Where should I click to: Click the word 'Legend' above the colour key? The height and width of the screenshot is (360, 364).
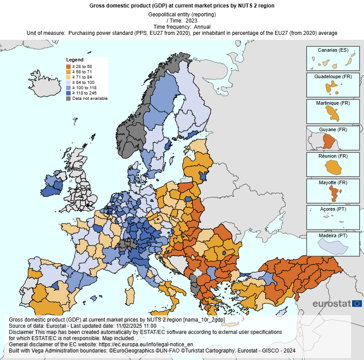pyautogui.click(x=75, y=60)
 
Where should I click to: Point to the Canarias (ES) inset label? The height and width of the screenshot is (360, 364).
pyautogui.click(x=333, y=50)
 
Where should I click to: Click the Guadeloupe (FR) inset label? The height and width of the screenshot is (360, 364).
pyautogui.click(x=333, y=76)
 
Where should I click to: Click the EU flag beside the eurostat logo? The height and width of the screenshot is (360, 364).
pyautogui.click(x=357, y=303)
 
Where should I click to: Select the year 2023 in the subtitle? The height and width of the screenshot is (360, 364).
pyautogui.click(x=191, y=20)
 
